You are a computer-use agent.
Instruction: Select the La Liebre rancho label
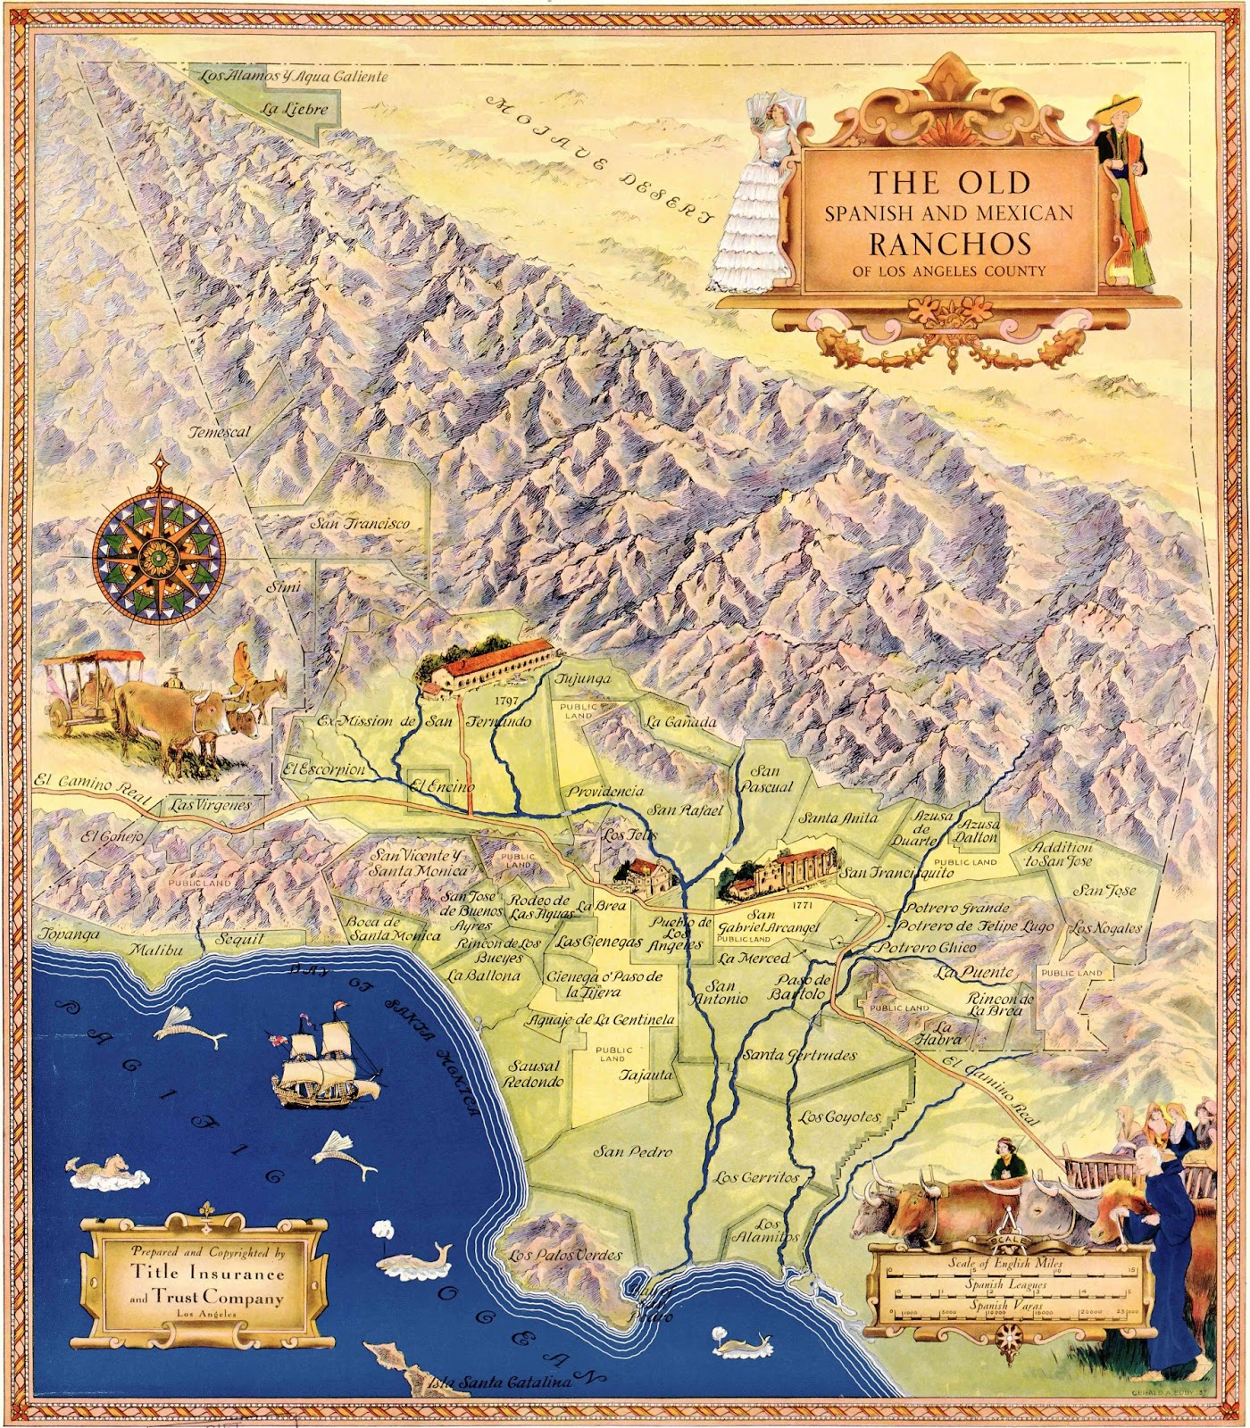pos(290,110)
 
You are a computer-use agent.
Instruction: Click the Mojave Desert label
pos(600,156)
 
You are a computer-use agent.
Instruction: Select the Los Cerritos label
pos(755,1177)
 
